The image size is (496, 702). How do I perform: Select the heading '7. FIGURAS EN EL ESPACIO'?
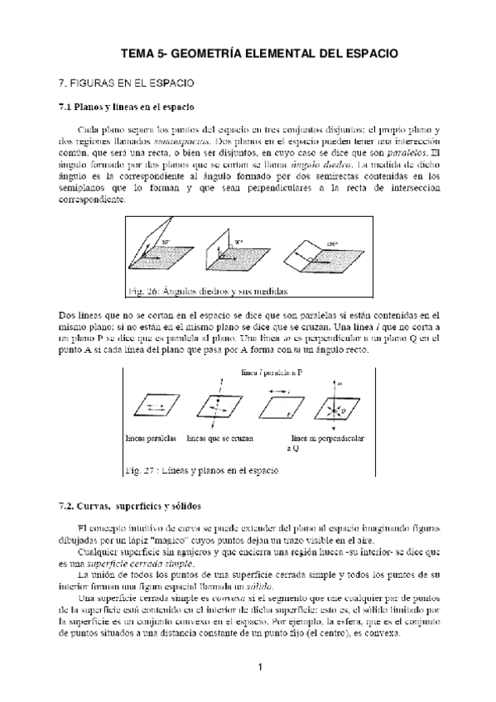tap(125, 84)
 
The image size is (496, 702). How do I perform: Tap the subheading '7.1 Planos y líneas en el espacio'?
tap(127, 107)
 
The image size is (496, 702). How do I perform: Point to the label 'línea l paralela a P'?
tap(271, 373)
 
